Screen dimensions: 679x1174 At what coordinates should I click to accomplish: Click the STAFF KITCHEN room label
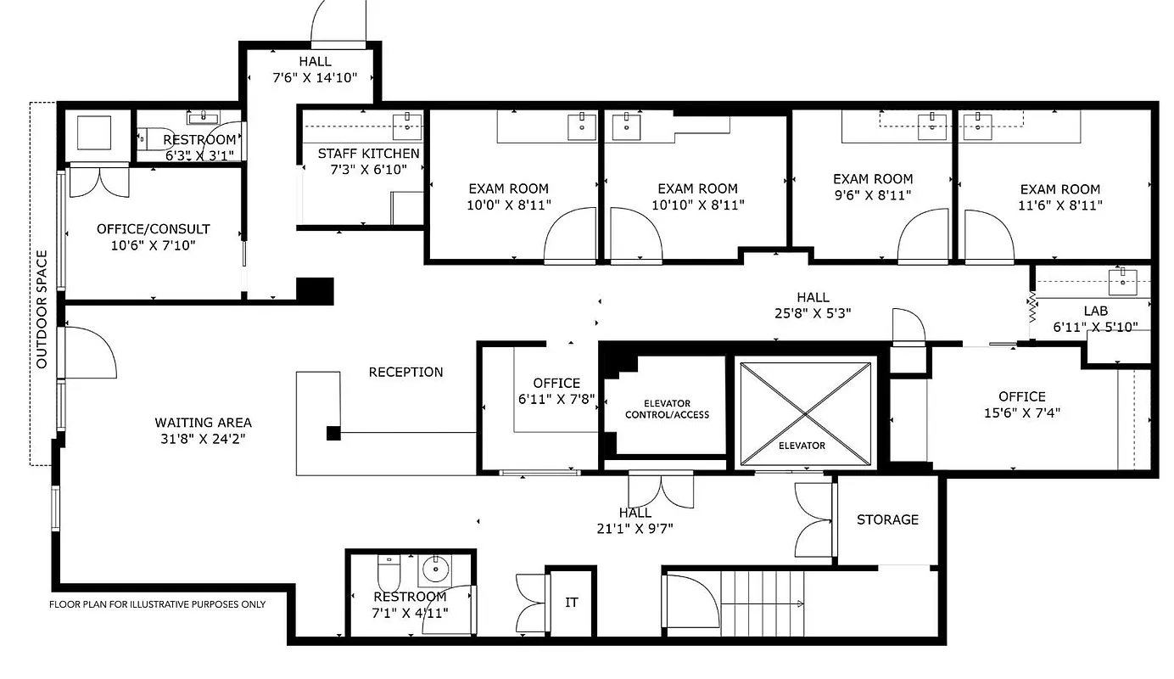[368, 154]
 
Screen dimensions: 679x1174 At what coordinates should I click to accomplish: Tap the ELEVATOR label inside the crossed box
[802, 445]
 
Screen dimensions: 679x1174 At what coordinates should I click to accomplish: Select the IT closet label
[572, 602]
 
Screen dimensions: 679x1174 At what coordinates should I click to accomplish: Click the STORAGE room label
[887, 519]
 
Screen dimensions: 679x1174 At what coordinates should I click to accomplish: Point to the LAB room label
[1095, 311]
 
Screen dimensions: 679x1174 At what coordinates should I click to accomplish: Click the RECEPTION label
[405, 372]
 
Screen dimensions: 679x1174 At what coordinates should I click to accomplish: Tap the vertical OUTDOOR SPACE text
[42, 310]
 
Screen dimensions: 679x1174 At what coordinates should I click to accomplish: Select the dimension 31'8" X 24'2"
[203, 439]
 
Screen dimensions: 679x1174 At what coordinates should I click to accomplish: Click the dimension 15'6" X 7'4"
[1021, 413]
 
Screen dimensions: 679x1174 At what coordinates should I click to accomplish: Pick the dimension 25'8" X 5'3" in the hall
[812, 313]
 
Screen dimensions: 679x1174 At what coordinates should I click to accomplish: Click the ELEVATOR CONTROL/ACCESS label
[667, 409]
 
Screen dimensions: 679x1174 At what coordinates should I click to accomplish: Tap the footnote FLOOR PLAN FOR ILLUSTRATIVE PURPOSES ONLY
[157, 604]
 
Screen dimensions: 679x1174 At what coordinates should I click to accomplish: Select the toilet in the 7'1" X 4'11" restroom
[389, 573]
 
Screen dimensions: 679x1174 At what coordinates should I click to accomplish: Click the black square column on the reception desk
[334, 434]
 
